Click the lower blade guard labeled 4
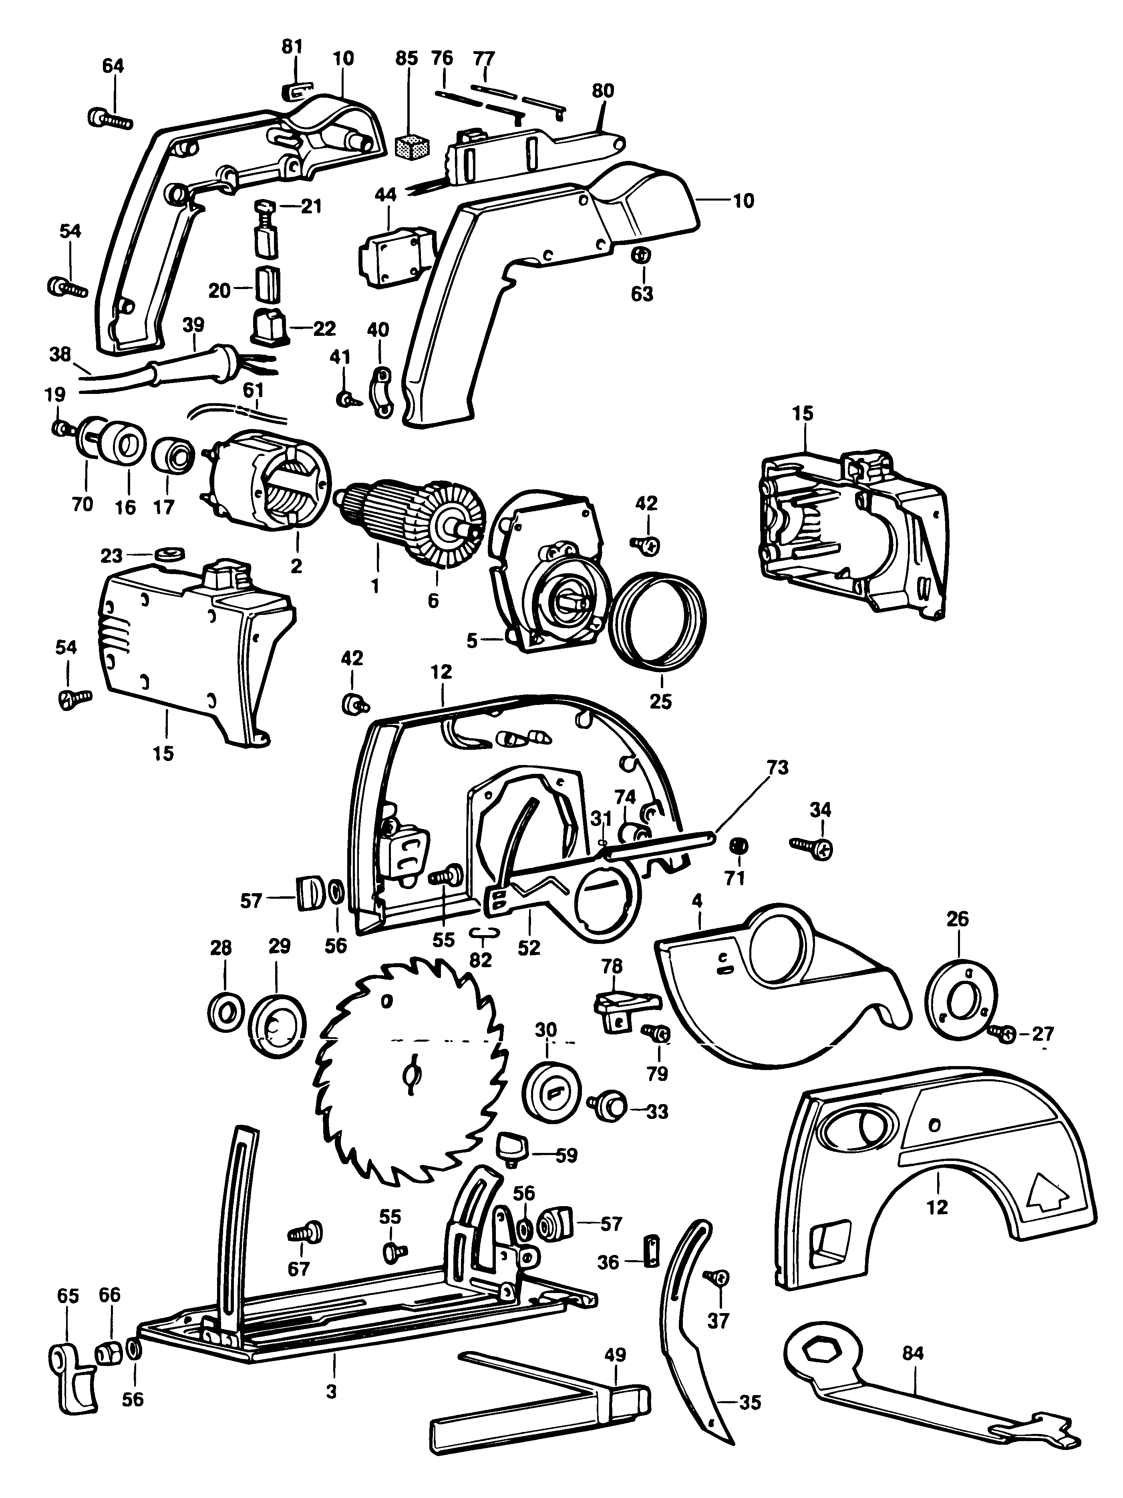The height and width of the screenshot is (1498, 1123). (x=779, y=1009)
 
